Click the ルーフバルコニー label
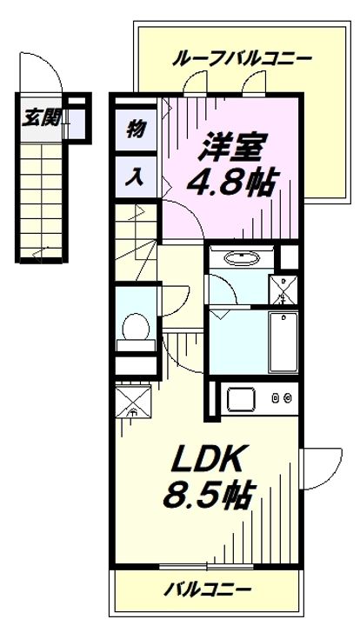tap(242, 59)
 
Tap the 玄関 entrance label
tap(42, 117)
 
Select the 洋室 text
tap(231, 147)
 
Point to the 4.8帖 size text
tap(230, 183)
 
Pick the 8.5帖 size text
tap(208, 496)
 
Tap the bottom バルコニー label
tap(208, 589)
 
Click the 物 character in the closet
tap(136, 129)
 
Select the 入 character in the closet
tap(135, 176)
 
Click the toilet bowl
tap(135, 328)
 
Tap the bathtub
tap(283, 343)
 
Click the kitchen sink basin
tap(241, 399)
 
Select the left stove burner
tap(276, 397)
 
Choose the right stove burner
tap(288, 397)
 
